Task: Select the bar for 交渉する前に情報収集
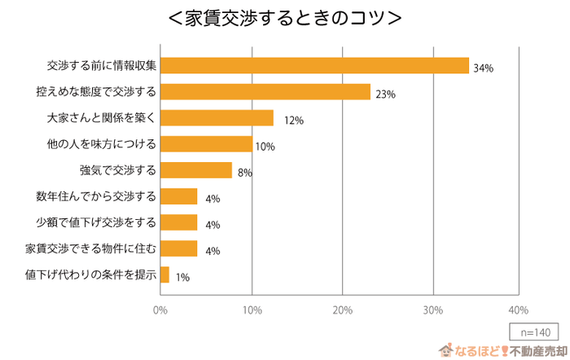click(314, 66)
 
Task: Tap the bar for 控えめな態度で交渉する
click(265, 92)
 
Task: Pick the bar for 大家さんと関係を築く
click(217, 118)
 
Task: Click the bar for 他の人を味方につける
click(206, 144)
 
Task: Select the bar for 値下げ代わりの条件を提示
click(164, 274)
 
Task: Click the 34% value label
click(483, 68)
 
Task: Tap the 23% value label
click(385, 94)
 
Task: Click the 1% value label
click(182, 277)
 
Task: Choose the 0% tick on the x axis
click(160, 310)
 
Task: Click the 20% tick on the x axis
click(343, 310)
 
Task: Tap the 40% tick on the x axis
click(518, 310)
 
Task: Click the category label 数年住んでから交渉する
click(95, 196)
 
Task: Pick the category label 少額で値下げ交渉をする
click(95, 222)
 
